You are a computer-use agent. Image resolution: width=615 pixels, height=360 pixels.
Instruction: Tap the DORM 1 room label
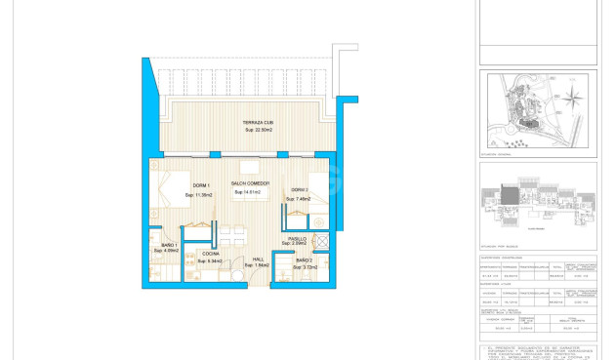[x=200, y=185]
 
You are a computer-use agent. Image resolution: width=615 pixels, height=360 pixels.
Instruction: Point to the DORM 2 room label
[x=299, y=190]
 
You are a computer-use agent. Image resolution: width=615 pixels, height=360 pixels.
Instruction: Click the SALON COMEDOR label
[x=251, y=183]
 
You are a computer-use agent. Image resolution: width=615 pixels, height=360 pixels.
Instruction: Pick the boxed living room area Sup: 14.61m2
[x=251, y=193]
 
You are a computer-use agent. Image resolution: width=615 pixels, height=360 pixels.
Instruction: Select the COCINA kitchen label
[x=210, y=254]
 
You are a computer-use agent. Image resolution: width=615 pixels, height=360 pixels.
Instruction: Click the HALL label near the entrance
[x=258, y=259]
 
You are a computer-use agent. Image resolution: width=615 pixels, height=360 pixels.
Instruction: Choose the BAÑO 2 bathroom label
[x=304, y=260]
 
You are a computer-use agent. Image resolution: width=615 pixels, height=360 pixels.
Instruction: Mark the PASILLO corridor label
[x=297, y=238]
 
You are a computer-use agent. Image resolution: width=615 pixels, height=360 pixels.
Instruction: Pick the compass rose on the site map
[x=575, y=97]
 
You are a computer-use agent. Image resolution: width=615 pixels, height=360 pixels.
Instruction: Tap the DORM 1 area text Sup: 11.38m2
[x=200, y=196]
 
